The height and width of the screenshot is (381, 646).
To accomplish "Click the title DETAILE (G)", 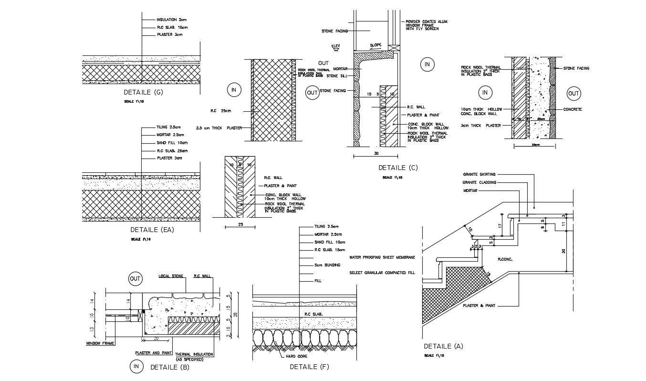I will tap(143, 93).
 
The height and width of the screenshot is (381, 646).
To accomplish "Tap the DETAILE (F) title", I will tap(309, 367).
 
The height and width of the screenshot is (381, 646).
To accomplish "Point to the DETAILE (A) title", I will tap(443, 346).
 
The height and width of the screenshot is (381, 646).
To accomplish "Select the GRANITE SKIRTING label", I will tap(479, 174).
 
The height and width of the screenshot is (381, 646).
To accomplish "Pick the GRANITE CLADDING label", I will tap(479, 182).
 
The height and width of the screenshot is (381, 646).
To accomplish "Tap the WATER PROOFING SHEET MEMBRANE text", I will tap(382, 257).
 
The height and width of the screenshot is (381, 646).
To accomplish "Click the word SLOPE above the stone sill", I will tap(375, 45).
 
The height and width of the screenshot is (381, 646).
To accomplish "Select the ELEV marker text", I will tap(335, 45).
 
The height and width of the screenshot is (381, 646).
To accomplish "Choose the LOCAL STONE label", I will tap(171, 276).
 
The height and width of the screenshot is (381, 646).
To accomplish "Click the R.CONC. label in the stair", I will tap(505, 260).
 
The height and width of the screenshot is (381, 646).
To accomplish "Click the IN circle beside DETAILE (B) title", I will tap(136, 367).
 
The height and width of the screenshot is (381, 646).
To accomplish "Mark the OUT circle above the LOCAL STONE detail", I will tap(135, 279).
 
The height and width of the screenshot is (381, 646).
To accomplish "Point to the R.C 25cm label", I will tap(220, 111).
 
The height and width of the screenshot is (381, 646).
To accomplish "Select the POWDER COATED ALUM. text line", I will tap(427, 21).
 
